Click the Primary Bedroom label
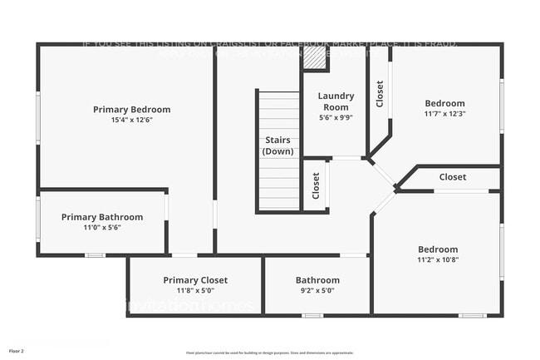tap(131, 109)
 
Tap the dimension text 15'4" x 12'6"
tap(131, 120)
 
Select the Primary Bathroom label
tap(102, 217)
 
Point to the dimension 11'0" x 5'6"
tap(102, 227)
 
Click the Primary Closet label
tap(195, 280)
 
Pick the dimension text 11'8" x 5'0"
tap(195, 290)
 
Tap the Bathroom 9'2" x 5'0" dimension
tap(317, 290)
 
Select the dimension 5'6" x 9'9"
tap(336, 117)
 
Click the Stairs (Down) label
tap(277, 145)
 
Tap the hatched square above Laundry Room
tap(313, 58)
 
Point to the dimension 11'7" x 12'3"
tap(444, 113)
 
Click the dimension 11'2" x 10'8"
tap(437, 259)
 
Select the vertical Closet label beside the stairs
tap(316, 185)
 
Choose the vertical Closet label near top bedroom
tap(380, 94)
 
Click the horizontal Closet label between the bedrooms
tap(453, 177)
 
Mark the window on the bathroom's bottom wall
tap(312, 315)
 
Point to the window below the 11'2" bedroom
tap(472, 315)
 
